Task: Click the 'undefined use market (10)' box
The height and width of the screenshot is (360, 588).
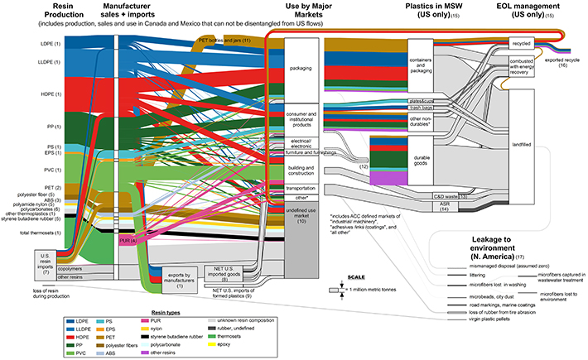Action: [x=293, y=215]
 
